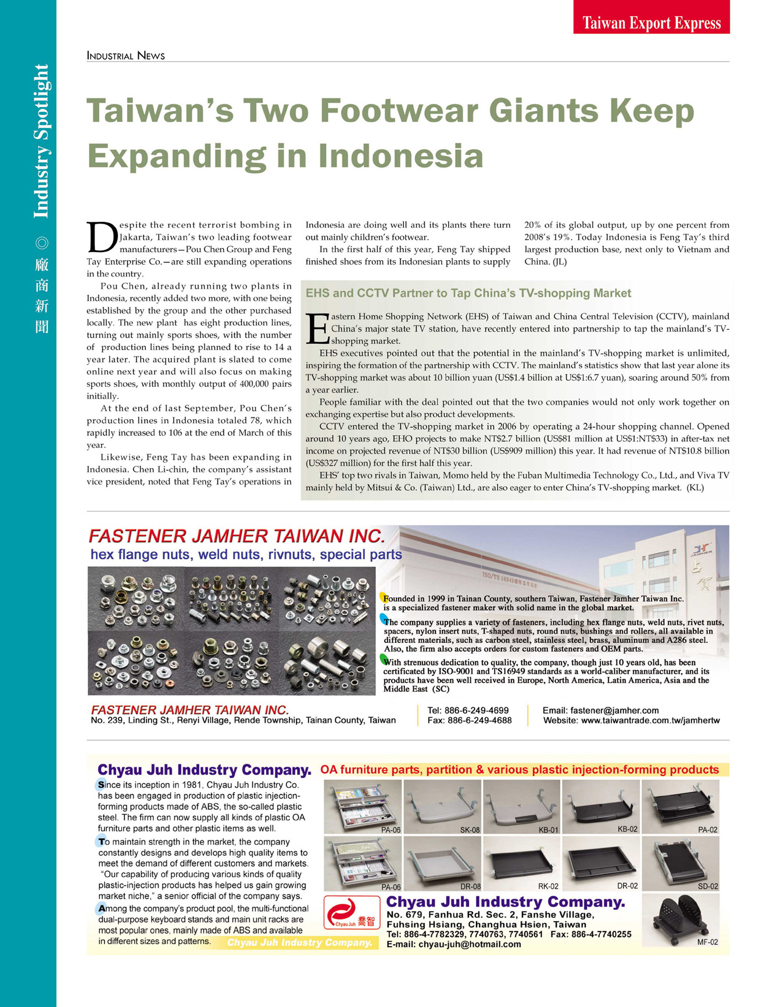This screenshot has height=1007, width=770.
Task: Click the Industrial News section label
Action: pyautogui.click(x=126, y=56)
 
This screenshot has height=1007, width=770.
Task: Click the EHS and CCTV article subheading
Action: pyautogui.click(x=468, y=293)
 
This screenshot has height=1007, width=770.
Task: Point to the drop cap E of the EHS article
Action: pyautogui.click(x=317, y=328)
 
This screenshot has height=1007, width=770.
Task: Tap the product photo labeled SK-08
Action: pyautogui.click(x=442, y=805)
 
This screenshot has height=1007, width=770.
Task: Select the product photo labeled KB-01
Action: pyautogui.click(x=521, y=805)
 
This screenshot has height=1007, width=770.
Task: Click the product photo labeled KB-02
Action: pyautogui.click(x=601, y=805)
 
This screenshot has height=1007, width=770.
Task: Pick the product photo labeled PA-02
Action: pyautogui.click(x=681, y=805)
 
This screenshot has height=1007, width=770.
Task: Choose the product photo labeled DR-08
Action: pyautogui.click(x=442, y=863)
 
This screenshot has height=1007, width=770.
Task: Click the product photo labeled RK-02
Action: pyautogui.click(x=521, y=863)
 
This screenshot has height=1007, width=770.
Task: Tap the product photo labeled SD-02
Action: pyautogui.click(x=681, y=863)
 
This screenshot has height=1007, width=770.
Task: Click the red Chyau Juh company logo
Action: pyautogui.click(x=352, y=912)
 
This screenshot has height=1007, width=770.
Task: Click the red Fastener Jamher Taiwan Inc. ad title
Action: pyautogui.click(x=237, y=535)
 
